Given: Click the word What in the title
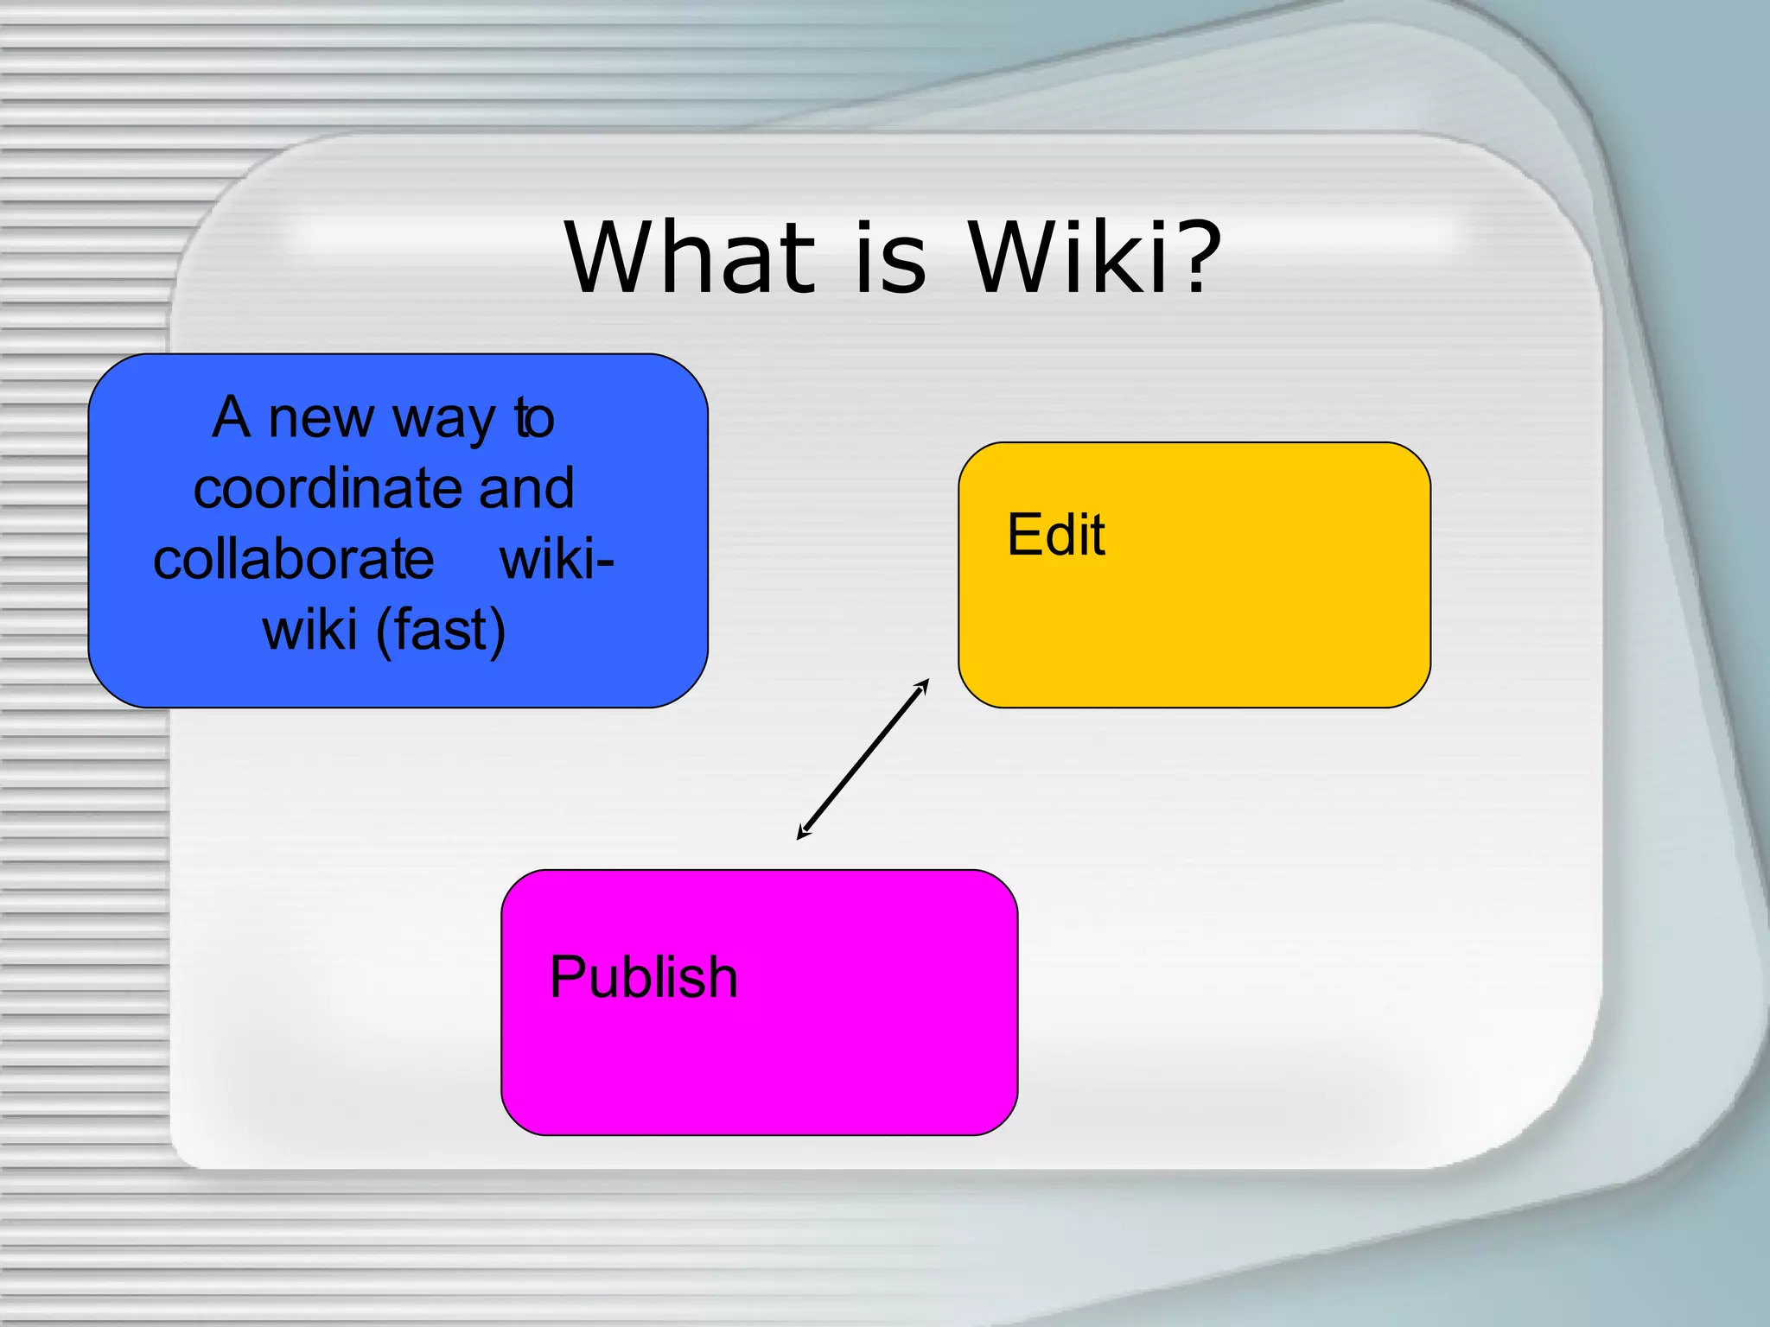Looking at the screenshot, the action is [x=691, y=257].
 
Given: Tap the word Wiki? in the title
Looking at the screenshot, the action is [x=1093, y=257].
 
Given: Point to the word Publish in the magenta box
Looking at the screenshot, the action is [x=644, y=977].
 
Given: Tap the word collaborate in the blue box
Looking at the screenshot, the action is [x=294, y=559].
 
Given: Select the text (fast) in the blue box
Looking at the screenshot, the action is [x=441, y=630].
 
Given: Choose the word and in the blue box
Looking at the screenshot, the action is [x=526, y=488].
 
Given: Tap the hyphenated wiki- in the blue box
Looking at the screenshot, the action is [x=557, y=559].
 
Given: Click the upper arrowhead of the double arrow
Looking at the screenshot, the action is [x=924, y=683].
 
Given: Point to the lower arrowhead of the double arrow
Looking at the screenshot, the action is [x=801, y=835].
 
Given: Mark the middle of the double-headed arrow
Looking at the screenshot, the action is [x=863, y=759].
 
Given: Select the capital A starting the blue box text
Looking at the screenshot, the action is [x=232, y=418].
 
